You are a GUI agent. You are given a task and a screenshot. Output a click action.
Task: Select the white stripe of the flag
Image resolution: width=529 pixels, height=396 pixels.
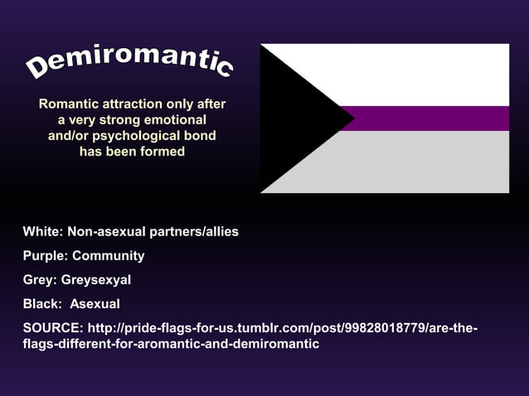423,75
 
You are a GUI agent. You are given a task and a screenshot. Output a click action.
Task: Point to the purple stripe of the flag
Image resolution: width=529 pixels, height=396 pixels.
431,118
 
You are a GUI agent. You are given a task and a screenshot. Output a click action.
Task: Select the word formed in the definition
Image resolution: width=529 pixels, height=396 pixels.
163,152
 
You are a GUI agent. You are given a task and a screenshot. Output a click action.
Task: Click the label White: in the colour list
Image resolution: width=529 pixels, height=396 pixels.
42,231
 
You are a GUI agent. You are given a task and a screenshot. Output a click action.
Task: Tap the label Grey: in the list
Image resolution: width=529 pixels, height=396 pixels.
40,279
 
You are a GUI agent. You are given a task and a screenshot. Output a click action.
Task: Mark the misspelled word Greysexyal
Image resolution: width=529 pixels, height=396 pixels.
96,279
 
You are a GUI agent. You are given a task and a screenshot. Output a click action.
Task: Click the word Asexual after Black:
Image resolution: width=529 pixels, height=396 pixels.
95,303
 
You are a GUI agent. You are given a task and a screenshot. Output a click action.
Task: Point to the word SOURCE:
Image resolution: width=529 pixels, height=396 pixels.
52,327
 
